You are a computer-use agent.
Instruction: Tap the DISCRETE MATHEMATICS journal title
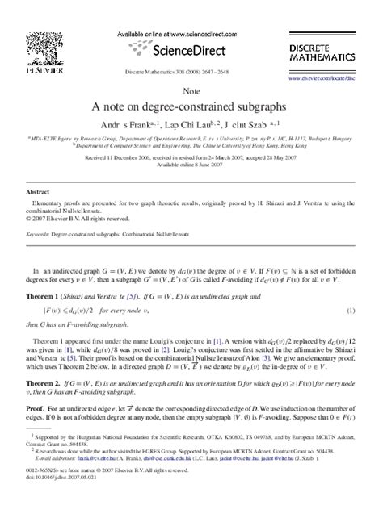point(323,54)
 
